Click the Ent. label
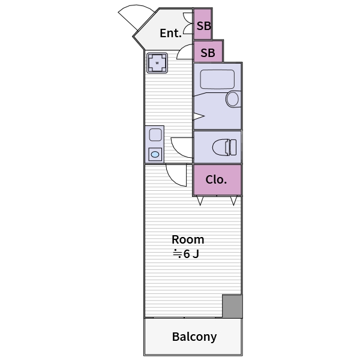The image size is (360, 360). tap(170, 33)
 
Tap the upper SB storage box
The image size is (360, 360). tap(203, 23)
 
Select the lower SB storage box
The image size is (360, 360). tap(208, 51)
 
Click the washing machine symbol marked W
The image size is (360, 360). tap(157, 63)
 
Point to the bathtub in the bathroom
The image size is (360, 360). tap(217, 79)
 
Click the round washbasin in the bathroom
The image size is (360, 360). tap(233, 99)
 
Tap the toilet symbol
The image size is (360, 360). tap(224, 147)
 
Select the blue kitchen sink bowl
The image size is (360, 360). tap(155, 155)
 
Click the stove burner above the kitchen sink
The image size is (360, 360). tap(155, 135)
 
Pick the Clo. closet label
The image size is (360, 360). tap(216, 179)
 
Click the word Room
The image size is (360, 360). tap(188, 239)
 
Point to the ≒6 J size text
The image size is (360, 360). tap(186, 254)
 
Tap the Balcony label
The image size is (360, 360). tap(194, 337)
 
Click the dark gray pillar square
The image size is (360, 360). tap(232, 306)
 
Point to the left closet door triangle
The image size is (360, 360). tap(200, 200)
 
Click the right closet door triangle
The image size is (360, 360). tap(233, 200)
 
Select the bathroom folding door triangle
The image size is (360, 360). tap(198, 116)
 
